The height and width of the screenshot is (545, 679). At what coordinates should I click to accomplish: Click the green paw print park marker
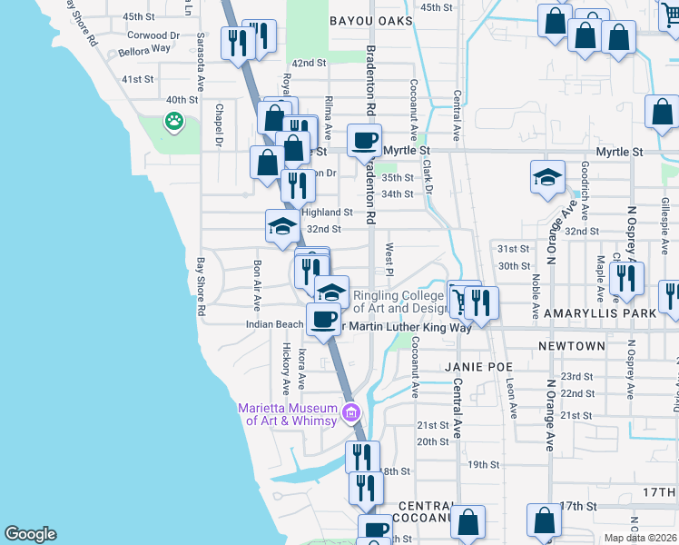(172, 120)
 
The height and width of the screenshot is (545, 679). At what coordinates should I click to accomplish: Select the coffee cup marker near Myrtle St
(365, 141)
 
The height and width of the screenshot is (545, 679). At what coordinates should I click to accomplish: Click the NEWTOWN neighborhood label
(571, 346)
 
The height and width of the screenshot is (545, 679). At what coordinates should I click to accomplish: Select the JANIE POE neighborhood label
(475, 366)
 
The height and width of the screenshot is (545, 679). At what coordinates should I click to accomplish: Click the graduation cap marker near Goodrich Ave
(547, 178)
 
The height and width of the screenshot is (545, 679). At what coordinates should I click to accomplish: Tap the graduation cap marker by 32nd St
(282, 226)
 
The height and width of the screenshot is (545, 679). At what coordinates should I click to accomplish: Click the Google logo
(30, 534)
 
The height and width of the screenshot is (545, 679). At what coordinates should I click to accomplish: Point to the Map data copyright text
(641, 538)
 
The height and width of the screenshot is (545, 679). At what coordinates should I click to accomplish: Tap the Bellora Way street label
(138, 54)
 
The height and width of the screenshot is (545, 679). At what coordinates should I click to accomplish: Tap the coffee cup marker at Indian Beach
(323, 319)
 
